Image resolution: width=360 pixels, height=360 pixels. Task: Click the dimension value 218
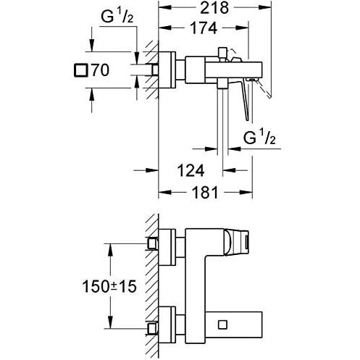215,8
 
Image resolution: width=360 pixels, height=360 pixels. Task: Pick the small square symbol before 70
80,70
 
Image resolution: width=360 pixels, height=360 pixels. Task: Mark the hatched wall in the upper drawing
151,70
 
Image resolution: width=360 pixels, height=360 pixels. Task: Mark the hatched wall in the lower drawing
151,282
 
